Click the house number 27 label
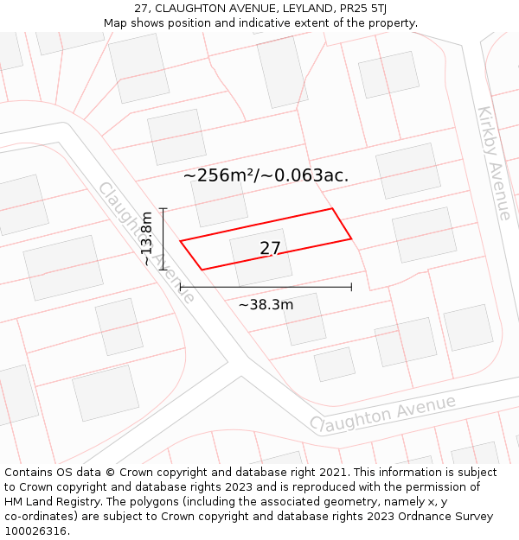tap(270, 249)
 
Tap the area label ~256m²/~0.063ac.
tap(266, 175)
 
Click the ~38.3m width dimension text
tap(266, 305)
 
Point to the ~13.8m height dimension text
tap(148, 239)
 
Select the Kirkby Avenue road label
tap(494, 163)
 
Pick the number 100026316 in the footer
tap(35, 531)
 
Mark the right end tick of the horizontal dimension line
tap(351, 287)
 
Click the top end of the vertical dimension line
tap(163, 208)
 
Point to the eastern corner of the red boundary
tap(351, 238)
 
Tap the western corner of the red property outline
tap(180, 241)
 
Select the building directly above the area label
tap(176, 137)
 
